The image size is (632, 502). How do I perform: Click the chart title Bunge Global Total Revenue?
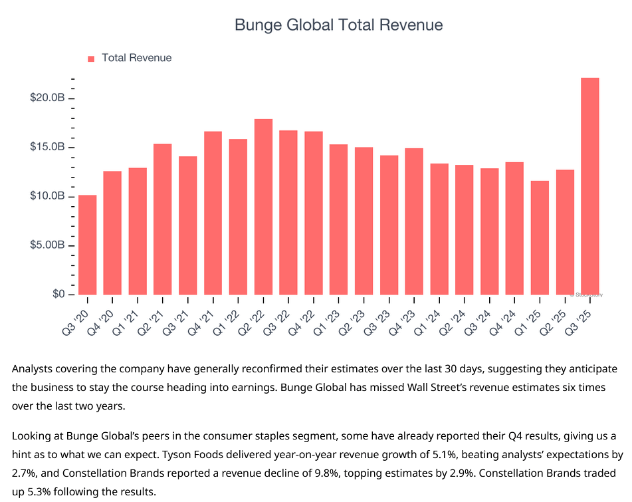(338, 25)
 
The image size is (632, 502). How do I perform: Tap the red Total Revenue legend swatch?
(91, 59)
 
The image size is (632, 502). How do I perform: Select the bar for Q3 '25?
(589, 186)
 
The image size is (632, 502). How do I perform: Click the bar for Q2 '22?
(263, 207)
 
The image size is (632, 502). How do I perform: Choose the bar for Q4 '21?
(213, 213)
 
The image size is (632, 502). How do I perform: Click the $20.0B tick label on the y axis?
(47, 98)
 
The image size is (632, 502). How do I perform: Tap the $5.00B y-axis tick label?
(47, 245)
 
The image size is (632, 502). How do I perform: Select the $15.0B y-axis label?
(47, 147)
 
